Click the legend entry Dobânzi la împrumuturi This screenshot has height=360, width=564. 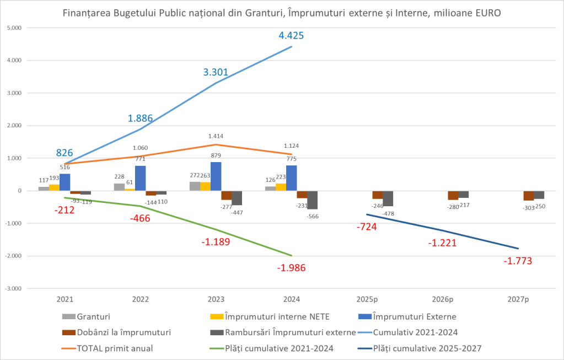pyautogui.click(x=123, y=332)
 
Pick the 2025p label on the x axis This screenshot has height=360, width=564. pyautogui.click(x=367, y=299)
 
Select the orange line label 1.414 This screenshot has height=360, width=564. pyautogui.click(x=216, y=136)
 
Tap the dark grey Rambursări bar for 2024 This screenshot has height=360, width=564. pyautogui.click(x=313, y=200)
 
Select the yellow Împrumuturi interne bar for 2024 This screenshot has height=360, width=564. pyautogui.click(x=281, y=187)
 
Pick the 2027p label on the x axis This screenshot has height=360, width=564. pyautogui.click(x=518, y=299)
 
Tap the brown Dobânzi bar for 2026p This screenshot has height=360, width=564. pyautogui.click(x=453, y=196)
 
